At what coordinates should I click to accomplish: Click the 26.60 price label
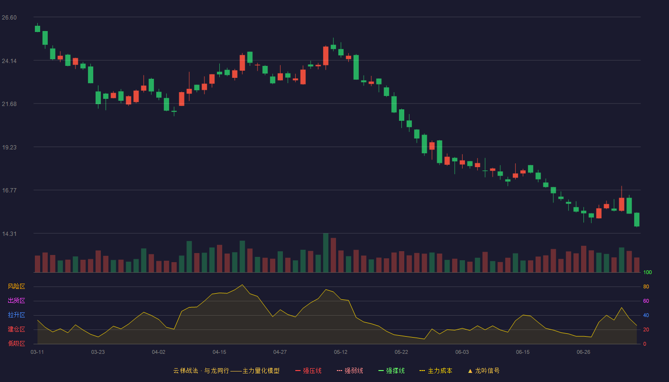tap(9, 18)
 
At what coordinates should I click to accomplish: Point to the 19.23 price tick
tap(9, 148)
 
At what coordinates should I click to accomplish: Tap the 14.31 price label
tap(9, 233)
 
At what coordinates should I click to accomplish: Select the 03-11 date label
tap(37, 352)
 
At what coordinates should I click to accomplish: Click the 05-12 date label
tap(340, 352)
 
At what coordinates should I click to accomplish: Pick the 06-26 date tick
tap(583, 352)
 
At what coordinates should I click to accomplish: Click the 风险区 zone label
tap(16, 286)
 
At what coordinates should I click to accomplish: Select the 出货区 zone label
tap(16, 300)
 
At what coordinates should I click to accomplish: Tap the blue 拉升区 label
tap(16, 315)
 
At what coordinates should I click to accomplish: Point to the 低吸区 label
tap(16, 343)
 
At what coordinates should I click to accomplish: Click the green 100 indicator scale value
tap(647, 272)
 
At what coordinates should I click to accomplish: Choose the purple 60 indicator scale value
tap(646, 301)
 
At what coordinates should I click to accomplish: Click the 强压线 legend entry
tap(308, 371)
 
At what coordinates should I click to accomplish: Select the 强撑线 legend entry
tap(391, 371)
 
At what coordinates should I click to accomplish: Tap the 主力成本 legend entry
tap(436, 371)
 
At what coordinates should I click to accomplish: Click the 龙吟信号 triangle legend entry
tap(484, 371)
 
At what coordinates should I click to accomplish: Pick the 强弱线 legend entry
tap(350, 371)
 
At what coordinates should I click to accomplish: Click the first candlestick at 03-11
tap(37, 29)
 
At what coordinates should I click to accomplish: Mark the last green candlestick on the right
tap(637, 220)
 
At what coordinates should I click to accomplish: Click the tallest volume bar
tap(325, 253)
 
